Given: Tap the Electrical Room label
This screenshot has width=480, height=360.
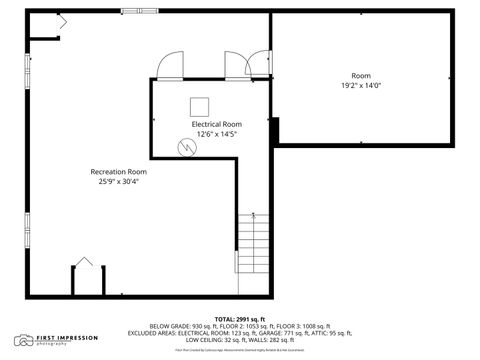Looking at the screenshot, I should (x=217, y=124).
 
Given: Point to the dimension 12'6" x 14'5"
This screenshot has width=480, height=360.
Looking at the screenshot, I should (x=217, y=134).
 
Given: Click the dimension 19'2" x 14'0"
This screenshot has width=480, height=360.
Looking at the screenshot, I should (x=360, y=86).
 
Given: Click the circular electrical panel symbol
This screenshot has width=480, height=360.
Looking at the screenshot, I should (x=184, y=147).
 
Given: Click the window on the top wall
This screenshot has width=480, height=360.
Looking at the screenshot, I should (x=139, y=11).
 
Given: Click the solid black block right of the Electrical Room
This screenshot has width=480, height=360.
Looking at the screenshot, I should (x=274, y=130).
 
